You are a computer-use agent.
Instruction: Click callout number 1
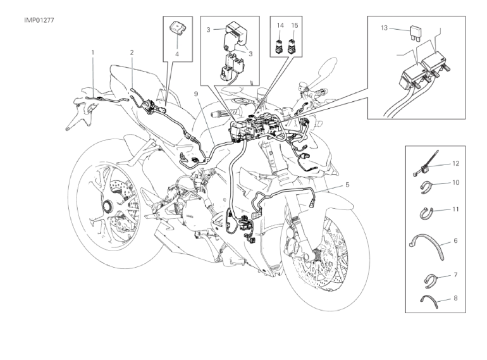[92, 51]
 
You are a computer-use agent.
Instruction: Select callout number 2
[132, 51]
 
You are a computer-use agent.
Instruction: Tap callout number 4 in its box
[177, 54]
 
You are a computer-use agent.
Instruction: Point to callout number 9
[197, 94]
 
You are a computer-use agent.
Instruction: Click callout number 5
[347, 185]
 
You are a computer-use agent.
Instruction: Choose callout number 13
[384, 28]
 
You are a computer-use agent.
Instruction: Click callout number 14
[279, 25]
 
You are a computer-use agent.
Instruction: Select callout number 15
[294, 25]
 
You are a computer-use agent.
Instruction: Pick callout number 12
[455, 163]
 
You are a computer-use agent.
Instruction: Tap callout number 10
[455, 183]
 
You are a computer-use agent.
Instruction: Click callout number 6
[455, 241]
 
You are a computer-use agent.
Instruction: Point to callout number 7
[455, 275]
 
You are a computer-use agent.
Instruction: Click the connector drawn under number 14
[279, 45]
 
